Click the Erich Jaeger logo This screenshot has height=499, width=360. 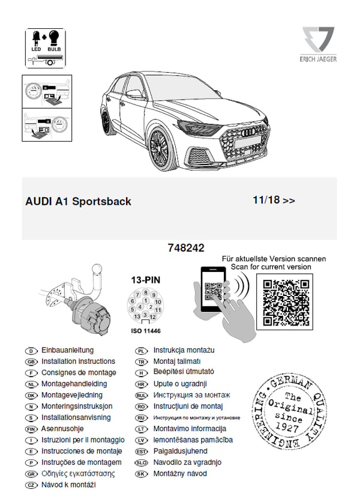318,44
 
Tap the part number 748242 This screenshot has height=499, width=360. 186,248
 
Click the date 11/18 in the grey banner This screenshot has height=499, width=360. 266,200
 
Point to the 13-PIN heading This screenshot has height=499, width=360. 146,280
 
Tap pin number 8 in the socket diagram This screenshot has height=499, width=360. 145,292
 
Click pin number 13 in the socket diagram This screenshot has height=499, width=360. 137,316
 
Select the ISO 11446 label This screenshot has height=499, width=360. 146,331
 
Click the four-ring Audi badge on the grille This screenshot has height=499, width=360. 249,132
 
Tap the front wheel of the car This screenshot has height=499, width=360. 161,150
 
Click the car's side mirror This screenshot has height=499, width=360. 134,94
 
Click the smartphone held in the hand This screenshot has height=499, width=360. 213,289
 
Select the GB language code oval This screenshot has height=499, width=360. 31,362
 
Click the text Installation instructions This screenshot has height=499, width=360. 78,361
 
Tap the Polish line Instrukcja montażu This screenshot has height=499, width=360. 184,350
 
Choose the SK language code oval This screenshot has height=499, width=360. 141,474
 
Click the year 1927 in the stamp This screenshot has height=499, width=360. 287,427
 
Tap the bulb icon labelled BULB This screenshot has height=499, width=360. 54,38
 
